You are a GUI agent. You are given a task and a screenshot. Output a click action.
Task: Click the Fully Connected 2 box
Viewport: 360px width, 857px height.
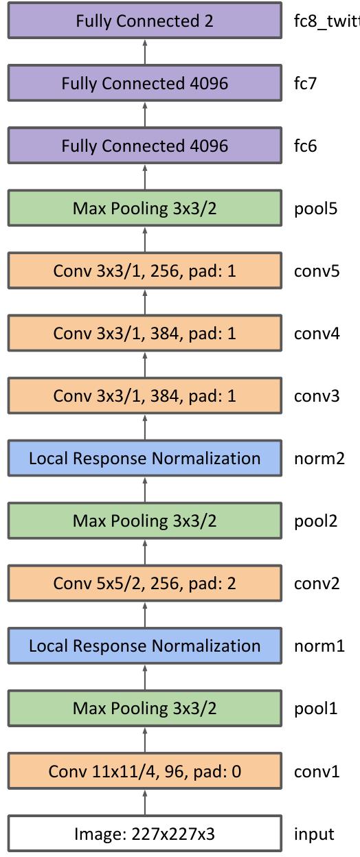tap(144, 21)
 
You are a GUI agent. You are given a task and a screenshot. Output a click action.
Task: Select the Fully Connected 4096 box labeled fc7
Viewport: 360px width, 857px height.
tap(144, 83)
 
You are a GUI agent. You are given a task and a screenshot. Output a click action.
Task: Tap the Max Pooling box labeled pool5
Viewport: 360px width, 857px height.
tap(144, 208)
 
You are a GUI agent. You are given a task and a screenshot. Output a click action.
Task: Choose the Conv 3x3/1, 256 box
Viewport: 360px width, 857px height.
tap(144, 271)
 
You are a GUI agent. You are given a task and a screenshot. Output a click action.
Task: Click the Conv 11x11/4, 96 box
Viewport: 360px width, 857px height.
tap(144, 771)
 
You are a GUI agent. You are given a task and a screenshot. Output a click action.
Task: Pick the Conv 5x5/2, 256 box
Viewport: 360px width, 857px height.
tap(144, 583)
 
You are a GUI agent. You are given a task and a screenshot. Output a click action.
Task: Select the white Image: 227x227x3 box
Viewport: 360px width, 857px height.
tap(144, 834)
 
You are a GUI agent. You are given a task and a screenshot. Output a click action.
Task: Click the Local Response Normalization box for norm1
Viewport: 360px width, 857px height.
tap(144, 645)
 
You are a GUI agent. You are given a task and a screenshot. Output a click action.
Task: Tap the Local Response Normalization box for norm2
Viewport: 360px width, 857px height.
tap(144, 458)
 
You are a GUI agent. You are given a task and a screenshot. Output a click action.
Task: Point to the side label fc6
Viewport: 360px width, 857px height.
tap(306, 146)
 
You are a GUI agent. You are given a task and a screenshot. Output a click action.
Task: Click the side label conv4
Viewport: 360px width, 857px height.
tap(317, 333)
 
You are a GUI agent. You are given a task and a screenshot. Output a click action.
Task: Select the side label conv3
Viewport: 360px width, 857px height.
tap(317, 396)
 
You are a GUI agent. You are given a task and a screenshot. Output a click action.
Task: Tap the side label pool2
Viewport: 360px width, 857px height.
tap(316, 521)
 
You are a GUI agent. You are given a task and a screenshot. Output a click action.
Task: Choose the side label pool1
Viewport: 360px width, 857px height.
tap(316, 708)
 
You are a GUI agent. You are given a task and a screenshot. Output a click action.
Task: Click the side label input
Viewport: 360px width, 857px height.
tap(314, 834)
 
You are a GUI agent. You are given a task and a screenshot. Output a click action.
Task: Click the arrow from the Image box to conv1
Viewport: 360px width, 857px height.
tap(145, 802)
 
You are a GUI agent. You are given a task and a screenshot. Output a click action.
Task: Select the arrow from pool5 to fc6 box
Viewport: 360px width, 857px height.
tap(145, 177)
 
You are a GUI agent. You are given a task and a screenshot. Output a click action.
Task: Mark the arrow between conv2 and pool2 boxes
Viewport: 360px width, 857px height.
tap(145, 552)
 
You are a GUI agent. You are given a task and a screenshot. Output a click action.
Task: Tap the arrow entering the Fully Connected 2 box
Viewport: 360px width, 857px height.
tap(145, 52)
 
